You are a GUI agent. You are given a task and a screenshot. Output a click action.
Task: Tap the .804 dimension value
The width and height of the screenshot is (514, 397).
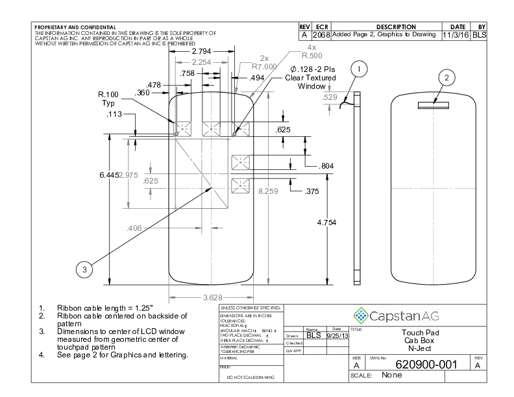(327, 166)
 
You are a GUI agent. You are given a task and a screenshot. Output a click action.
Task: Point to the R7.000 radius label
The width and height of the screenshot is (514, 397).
(264, 66)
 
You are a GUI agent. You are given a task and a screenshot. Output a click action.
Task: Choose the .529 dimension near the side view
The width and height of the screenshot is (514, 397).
(330, 97)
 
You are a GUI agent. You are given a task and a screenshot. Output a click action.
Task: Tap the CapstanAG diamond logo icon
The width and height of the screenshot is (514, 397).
(360, 315)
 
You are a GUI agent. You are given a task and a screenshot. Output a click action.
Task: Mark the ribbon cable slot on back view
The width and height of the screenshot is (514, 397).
(429, 102)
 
